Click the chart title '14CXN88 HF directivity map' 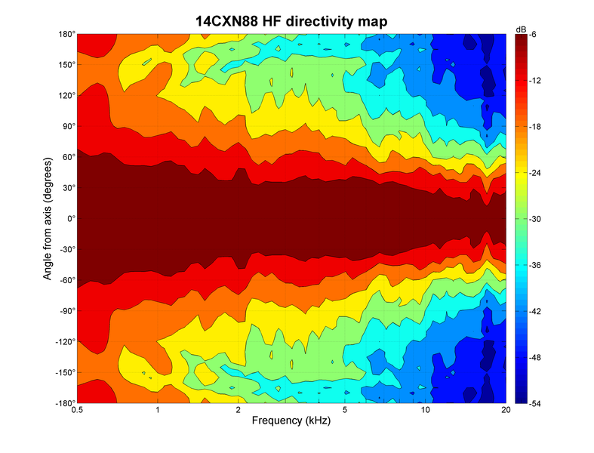[291, 22]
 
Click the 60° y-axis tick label [66, 157]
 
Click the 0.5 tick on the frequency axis [77, 411]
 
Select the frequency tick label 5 [345, 411]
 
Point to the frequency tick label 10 [426, 411]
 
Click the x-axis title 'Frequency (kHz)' [291, 422]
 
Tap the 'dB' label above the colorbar [521, 28]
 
